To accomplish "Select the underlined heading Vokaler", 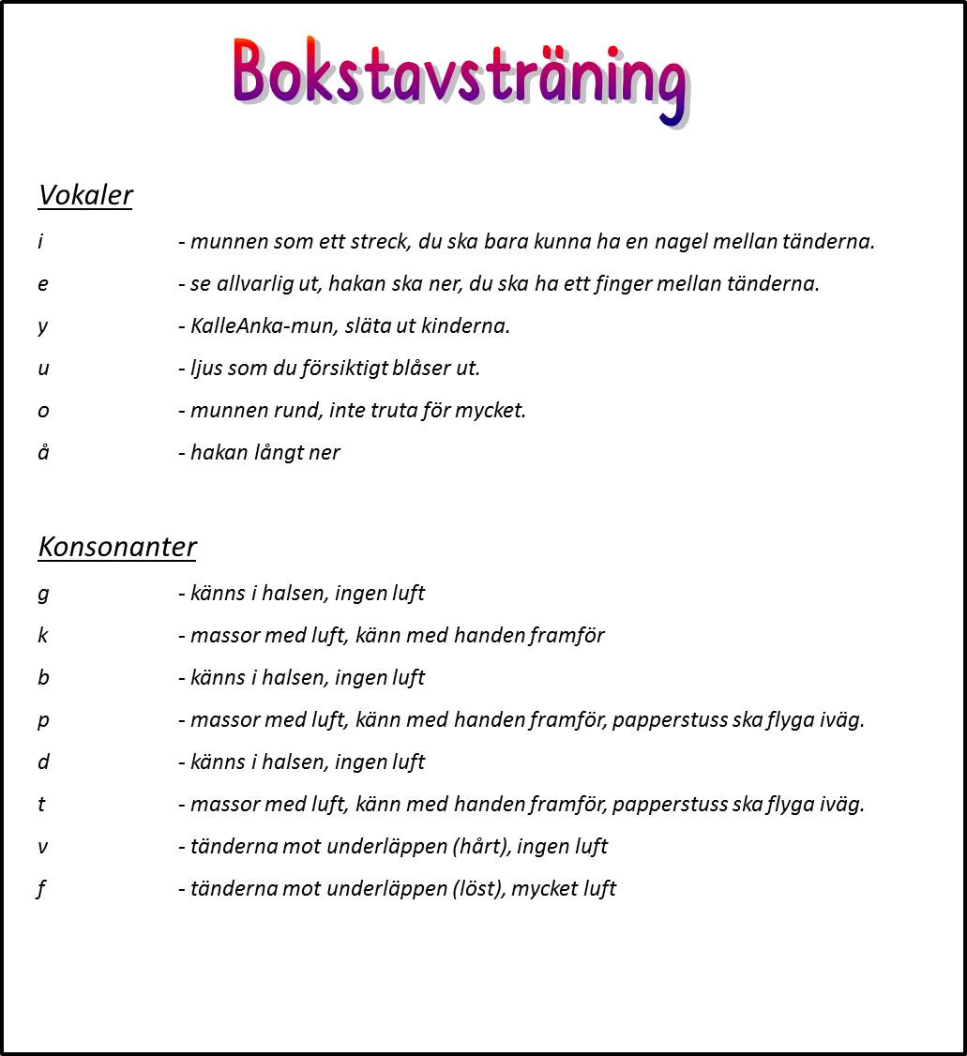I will point(85,195).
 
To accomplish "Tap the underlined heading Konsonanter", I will point(117,547).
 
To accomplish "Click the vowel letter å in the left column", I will point(43,452).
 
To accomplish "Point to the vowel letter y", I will point(43,326).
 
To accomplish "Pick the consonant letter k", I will point(43,636).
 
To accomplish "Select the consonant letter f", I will point(42,889).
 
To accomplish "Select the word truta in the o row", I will point(389,411).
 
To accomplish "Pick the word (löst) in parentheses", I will point(479,889).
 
